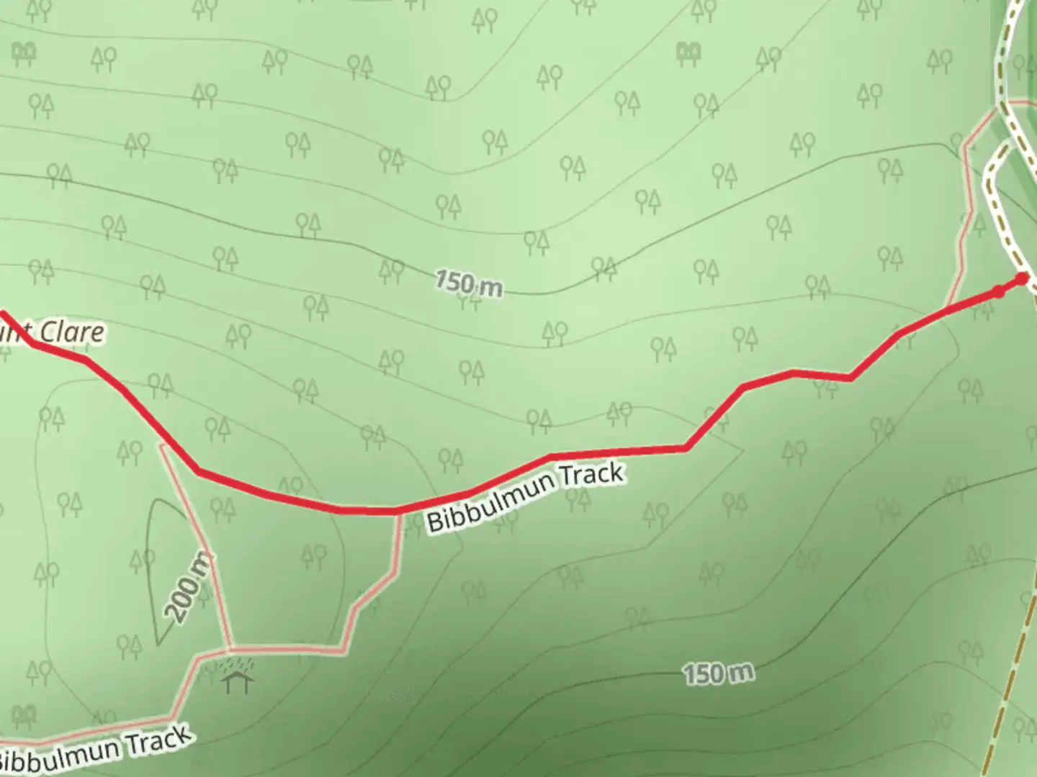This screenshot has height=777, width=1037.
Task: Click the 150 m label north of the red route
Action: pyautogui.click(x=468, y=283)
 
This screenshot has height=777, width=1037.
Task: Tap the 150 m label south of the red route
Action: pyautogui.click(x=718, y=674)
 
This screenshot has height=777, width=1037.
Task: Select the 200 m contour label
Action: pyautogui.click(x=189, y=587)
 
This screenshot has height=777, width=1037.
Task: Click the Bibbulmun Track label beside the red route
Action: pyautogui.click(x=525, y=497)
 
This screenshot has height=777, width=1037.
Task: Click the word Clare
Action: pyautogui.click(x=70, y=332)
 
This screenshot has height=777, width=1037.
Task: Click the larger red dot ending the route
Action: pyautogui.click(x=1022, y=279)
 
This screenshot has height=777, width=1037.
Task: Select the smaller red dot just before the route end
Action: pyautogui.click(x=997, y=291)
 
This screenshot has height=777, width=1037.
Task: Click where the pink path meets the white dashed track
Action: pyautogui.click(x=997, y=108)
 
